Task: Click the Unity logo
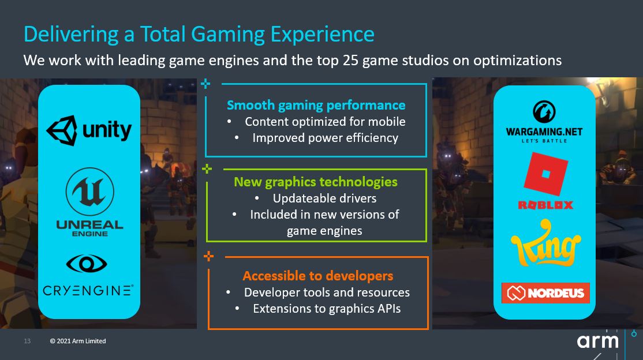[89, 130]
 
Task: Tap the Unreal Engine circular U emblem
[90, 192]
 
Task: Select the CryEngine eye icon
[87, 264]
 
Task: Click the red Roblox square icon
[546, 174]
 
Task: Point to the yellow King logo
[546, 243]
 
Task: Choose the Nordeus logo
[545, 292]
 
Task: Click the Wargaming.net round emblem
[544, 112]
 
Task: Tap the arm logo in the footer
[597, 341]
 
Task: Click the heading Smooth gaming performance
[316, 106]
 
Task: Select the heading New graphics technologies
[316, 182]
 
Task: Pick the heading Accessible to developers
[318, 276]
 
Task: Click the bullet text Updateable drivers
[325, 198]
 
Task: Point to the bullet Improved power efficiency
[325, 138]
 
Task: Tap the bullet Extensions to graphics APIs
[327, 309]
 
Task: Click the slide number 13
[28, 341]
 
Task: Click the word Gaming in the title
[227, 34]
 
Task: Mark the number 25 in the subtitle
[350, 60]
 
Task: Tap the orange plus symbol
[209, 256]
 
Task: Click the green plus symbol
[207, 168]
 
